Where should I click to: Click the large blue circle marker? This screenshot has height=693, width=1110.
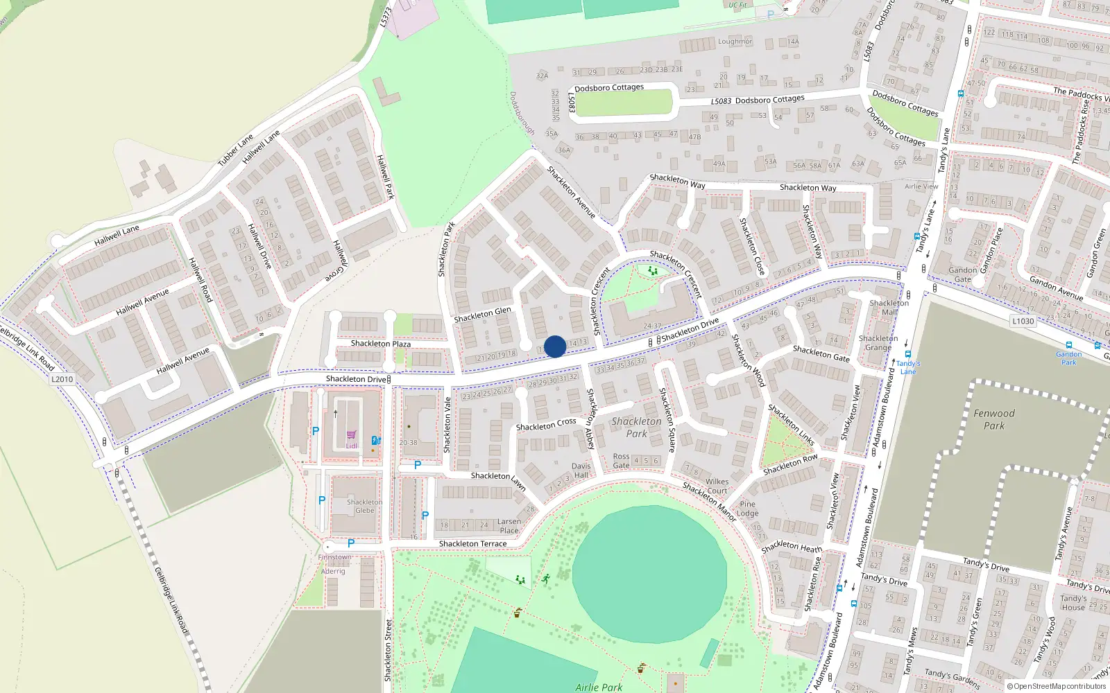point(555,346)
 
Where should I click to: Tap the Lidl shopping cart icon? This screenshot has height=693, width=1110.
point(351,435)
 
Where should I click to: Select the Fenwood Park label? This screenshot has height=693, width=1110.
point(993,419)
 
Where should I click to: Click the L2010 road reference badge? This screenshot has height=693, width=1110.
point(62,379)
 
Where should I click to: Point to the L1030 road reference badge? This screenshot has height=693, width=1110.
point(1023,321)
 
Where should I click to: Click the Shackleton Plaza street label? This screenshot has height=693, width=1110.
point(380,344)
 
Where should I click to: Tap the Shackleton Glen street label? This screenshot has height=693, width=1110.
point(482,315)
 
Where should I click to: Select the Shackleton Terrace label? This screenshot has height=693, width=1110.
point(472,544)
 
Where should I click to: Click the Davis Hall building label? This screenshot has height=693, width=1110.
point(581,471)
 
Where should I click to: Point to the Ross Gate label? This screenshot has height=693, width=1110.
point(621,461)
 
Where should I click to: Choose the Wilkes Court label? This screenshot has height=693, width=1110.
point(717,486)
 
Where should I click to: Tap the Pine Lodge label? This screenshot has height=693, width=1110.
point(748,509)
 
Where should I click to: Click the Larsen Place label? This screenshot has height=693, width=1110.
point(509,526)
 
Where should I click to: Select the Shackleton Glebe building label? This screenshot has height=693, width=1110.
point(365,506)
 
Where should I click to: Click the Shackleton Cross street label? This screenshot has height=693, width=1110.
point(546,424)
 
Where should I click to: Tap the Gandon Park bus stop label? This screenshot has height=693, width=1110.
point(1069,358)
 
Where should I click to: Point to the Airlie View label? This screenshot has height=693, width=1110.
point(921,186)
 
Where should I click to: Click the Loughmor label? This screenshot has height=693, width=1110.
point(735,42)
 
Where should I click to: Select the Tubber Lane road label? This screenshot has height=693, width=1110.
point(235,150)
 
